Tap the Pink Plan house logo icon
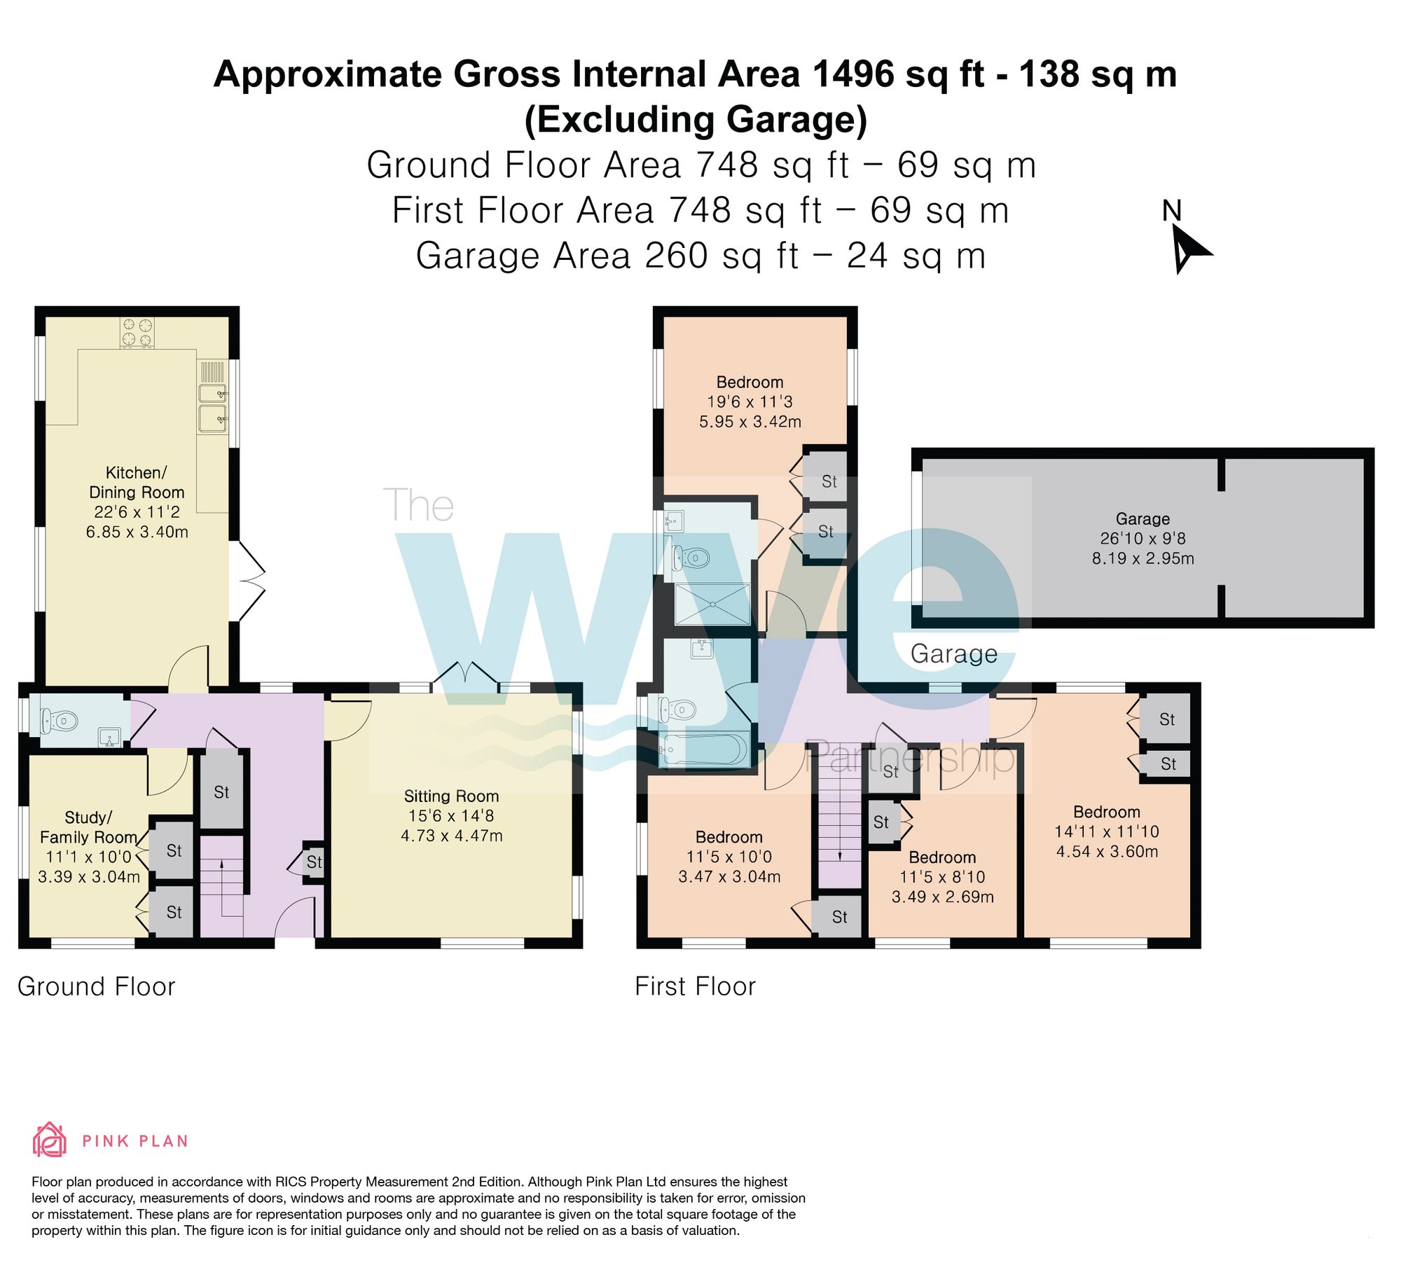[x=50, y=1140]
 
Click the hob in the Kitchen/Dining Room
[x=137, y=333]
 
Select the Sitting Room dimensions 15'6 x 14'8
[x=451, y=815]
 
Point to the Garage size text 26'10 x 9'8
[x=1143, y=538]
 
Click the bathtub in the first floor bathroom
[x=704, y=750]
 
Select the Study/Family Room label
[x=88, y=827]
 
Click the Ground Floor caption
[x=96, y=986]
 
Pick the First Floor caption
[x=695, y=986]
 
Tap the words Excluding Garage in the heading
[x=695, y=119]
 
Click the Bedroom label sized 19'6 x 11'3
[x=750, y=382]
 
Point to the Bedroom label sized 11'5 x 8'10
[x=942, y=857]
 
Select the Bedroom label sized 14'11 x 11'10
[x=1107, y=812]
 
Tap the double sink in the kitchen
[x=212, y=406]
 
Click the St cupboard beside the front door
[x=314, y=862]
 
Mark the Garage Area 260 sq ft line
[x=700, y=256]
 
